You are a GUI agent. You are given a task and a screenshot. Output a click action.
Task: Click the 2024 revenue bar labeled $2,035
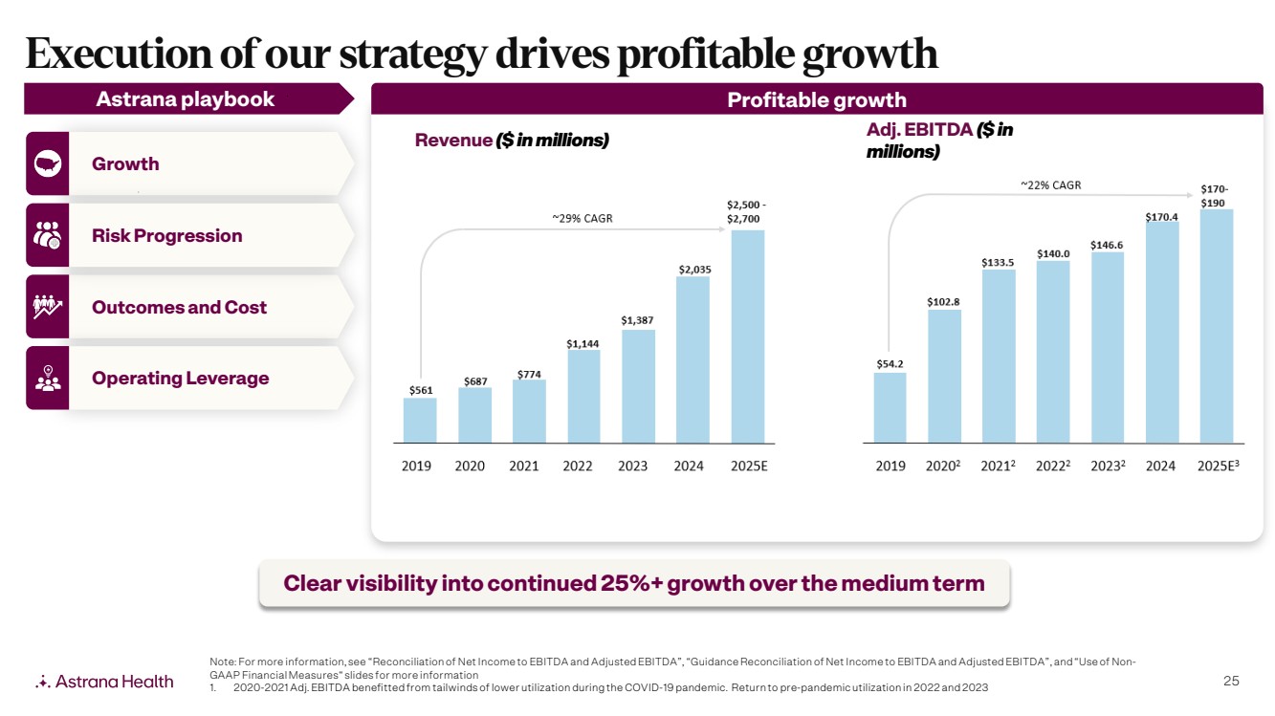tap(692, 359)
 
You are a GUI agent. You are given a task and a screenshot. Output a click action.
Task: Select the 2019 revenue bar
tap(420, 421)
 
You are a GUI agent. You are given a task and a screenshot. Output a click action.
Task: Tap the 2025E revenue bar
tap(747, 336)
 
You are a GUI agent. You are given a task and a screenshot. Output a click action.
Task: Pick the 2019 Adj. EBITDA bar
tap(890, 408)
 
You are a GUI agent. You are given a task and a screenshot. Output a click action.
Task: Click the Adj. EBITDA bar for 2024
tap(1162, 333)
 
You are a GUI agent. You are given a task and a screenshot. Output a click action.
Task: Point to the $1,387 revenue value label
tap(637, 320)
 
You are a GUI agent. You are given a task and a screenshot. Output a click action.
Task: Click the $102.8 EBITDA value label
tap(943, 301)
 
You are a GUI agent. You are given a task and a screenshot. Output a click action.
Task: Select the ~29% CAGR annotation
tap(583, 218)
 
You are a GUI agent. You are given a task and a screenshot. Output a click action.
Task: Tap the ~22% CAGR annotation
tap(1051, 184)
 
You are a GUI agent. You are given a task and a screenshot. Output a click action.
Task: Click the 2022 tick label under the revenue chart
tap(577, 466)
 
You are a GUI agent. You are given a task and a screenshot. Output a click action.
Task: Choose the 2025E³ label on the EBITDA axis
tap(1218, 466)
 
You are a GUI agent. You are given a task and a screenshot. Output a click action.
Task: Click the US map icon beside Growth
tap(48, 163)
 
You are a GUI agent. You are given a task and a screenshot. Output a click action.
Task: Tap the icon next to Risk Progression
tap(48, 235)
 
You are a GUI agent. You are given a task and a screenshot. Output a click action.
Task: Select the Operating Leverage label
tap(181, 379)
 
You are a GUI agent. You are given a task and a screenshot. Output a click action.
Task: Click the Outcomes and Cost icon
tap(48, 307)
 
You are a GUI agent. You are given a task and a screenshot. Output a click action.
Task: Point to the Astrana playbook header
tap(185, 99)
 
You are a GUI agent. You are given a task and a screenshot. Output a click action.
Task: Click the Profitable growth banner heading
tap(817, 100)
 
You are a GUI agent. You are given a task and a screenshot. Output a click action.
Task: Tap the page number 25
tap(1231, 681)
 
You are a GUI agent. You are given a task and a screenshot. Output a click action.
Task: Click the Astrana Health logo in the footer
tap(104, 682)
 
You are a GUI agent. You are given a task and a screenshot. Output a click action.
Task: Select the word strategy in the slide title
tap(413, 55)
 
